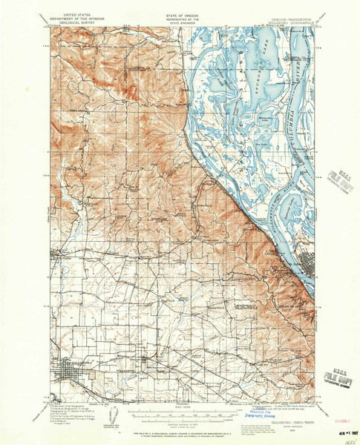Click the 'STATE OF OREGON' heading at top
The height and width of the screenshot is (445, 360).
[x=180, y=6]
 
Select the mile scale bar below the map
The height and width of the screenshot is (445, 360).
[x=180, y=401]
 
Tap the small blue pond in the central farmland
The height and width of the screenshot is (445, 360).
[x=180, y=299]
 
